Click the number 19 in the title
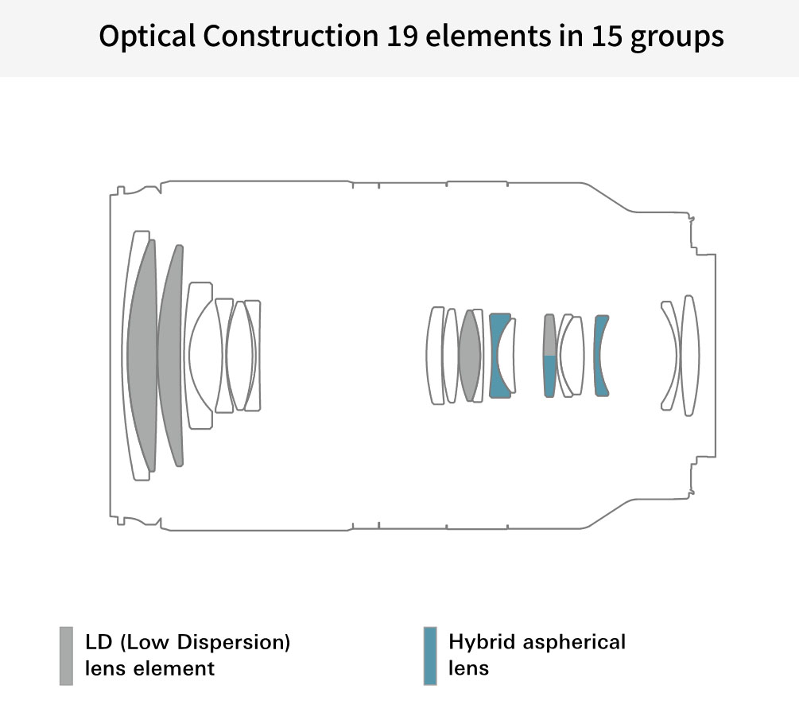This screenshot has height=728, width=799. tap(402, 36)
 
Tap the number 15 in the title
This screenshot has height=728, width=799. tap(607, 36)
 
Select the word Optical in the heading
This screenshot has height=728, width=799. tap(147, 37)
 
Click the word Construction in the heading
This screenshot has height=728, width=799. tap(290, 36)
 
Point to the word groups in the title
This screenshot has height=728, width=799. tap(677, 38)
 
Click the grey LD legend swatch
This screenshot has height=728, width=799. tap(66, 656)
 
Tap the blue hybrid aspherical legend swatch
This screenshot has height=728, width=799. tap(430, 656)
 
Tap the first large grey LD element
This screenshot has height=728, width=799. tap(142, 356)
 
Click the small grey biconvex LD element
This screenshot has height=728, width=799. tap(470, 356)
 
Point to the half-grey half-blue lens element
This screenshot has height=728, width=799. tap(550, 356)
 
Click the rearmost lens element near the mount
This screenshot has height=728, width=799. tap(691, 356)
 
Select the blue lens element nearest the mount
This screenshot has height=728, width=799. tap(600, 356)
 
